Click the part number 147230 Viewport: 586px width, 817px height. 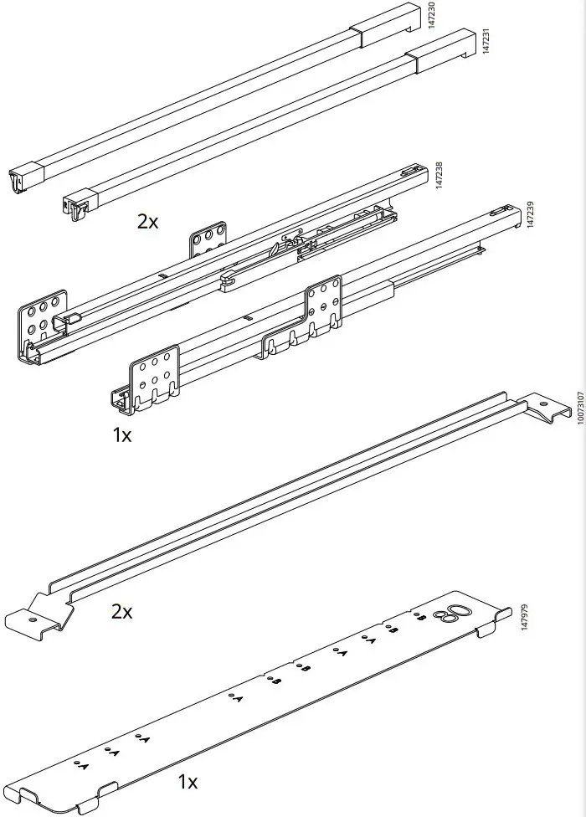coord(432,17)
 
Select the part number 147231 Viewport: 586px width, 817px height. coord(485,41)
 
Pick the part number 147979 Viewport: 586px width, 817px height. coord(525,624)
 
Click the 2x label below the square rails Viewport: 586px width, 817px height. coord(147,221)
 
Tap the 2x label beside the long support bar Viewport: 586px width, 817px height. coord(122,611)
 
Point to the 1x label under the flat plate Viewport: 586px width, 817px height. coord(188,782)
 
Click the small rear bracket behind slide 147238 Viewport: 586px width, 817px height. coord(208,239)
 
